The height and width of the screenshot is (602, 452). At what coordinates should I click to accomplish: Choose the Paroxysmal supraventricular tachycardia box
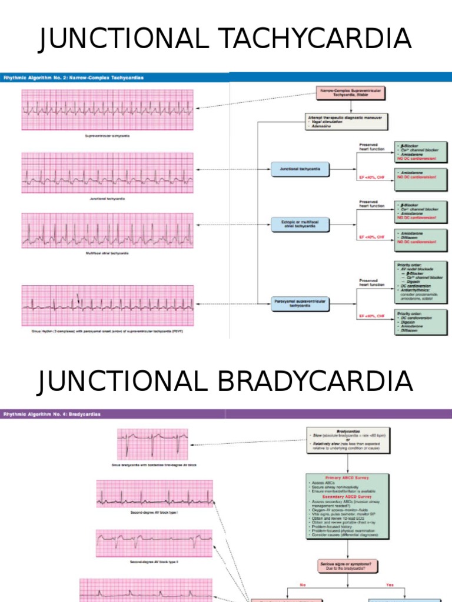(x=300, y=303)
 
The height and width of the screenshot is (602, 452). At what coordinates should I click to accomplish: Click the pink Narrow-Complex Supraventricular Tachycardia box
(x=350, y=95)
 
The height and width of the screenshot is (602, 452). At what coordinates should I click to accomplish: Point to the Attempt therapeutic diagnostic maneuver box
(x=347, y=121)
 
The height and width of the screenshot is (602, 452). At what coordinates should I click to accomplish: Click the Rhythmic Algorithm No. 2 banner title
(x=74, y=77)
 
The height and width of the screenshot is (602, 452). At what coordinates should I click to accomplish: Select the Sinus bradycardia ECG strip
(x=154, y=444)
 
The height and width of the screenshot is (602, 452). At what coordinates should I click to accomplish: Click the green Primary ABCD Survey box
(x=347, y=506)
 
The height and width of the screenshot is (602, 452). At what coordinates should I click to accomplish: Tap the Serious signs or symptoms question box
(x=347, y=567)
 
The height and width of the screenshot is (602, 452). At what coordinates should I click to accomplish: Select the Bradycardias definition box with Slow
(x=348, y=440)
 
